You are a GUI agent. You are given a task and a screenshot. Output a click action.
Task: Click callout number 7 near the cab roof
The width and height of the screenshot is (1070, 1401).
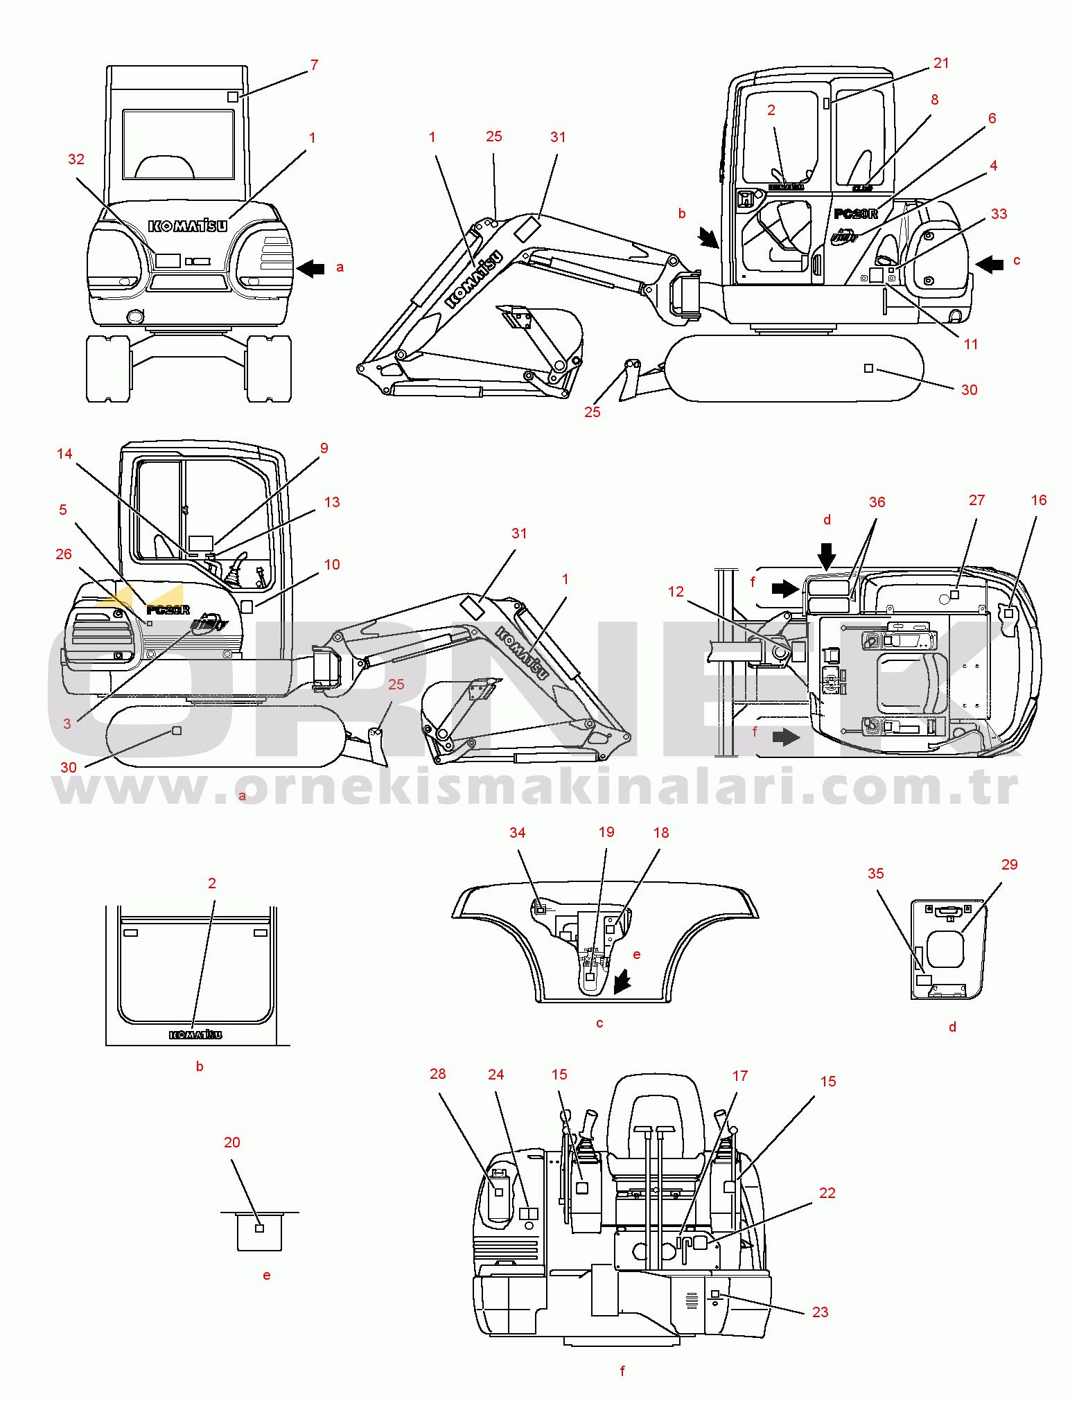click(x=314, y=65)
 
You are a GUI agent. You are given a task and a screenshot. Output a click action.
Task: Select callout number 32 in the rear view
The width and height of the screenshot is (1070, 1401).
click(x=76, y=159)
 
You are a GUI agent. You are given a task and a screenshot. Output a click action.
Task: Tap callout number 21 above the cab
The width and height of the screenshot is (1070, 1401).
click(x=941, y=63)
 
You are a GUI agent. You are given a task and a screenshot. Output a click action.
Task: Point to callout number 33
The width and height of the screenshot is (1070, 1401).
click(x=999, y=214)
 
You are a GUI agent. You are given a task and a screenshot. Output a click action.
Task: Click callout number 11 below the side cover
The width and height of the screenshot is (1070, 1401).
click(x=971, y=344)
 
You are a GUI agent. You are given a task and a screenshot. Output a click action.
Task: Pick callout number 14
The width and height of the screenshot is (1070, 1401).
click(x=64, y=454)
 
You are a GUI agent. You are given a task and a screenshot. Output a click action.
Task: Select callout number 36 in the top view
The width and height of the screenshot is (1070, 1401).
click(x=877, y=502)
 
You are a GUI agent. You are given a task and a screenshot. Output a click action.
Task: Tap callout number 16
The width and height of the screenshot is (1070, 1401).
click(x=1038, y=500)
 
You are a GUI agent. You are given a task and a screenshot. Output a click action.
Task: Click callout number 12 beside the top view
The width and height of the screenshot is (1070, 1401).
click(x=676, y=592)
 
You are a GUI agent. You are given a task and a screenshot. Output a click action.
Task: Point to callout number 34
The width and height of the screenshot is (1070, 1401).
click(x=518, y=833)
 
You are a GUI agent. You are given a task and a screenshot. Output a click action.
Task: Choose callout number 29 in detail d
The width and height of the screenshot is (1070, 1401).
click(x=1009, y=865)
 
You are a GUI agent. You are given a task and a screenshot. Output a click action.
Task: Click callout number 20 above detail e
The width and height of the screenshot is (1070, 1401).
click(x=232, y=1143)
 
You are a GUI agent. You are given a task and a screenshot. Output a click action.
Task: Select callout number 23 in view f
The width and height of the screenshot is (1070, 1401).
click(x=820, y=1312)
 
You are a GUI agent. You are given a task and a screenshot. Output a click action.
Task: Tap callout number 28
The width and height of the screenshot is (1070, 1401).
click(x=437, y=1074)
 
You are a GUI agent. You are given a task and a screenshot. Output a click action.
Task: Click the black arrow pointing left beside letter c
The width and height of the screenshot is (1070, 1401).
click(x=990, y=264)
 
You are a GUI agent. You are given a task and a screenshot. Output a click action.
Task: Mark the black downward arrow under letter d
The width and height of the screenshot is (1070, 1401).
click(x=827, y=556)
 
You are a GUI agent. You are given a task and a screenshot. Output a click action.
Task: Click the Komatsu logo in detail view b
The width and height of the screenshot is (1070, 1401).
click(x=196, y=1034)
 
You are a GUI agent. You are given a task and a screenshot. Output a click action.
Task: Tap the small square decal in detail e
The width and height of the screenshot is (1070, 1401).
click(x=260, y=1228)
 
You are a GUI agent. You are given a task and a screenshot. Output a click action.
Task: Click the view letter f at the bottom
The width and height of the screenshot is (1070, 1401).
click(x=622, y=1371)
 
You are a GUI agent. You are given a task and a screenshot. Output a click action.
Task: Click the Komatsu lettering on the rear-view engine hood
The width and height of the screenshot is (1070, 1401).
click(x=187, y=226)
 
